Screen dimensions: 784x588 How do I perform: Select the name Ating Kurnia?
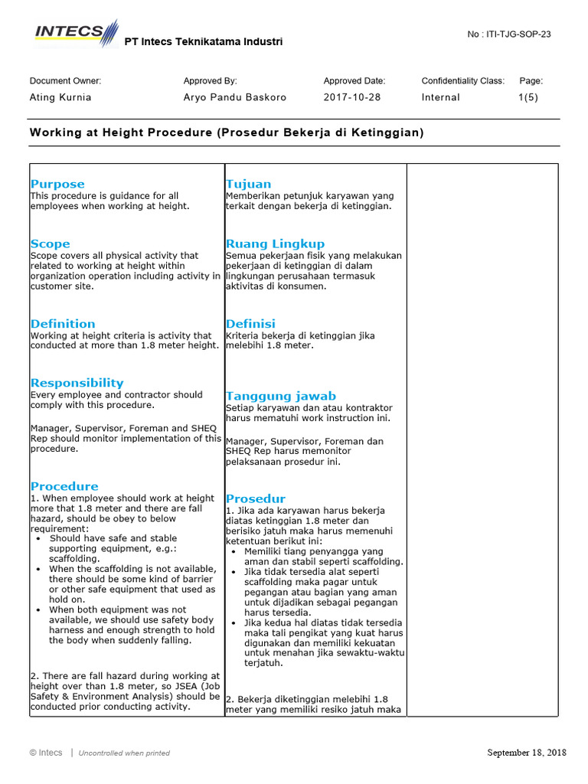[x=60, y=97]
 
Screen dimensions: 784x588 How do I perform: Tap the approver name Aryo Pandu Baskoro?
[x=234, y=97]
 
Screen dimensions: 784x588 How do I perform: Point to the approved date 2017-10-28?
[x=352, y=97]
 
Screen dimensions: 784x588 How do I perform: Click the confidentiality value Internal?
[x=441, y=97]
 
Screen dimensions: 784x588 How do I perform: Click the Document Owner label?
[x=65, y=80]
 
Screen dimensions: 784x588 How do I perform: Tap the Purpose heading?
[x=57, y=184]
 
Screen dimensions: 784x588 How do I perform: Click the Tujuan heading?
[x=248, y=184]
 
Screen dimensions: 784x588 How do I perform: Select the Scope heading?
[x=50, y=243]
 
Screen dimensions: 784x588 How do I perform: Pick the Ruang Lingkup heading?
[x=275, y=243]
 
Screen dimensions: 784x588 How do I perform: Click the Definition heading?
[x=63, y=323]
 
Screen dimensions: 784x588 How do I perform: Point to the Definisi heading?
[x=250, y=323]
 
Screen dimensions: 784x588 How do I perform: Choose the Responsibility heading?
[x=77, y=382]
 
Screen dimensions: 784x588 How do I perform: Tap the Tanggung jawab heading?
[x=280, y=396]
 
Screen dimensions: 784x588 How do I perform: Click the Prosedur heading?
[x=255, y=498]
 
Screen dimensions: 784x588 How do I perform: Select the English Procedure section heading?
[x=64, y=486]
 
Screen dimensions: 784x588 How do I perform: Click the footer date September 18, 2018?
[x=527, y=753]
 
